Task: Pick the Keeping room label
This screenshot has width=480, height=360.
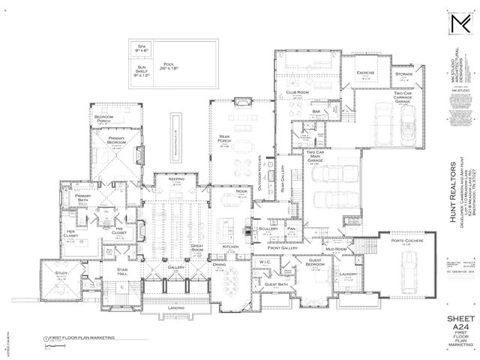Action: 177,180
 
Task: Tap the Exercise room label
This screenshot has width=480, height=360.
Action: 365,73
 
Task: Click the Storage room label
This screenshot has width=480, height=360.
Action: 404,75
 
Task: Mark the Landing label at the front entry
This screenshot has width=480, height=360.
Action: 176,307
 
